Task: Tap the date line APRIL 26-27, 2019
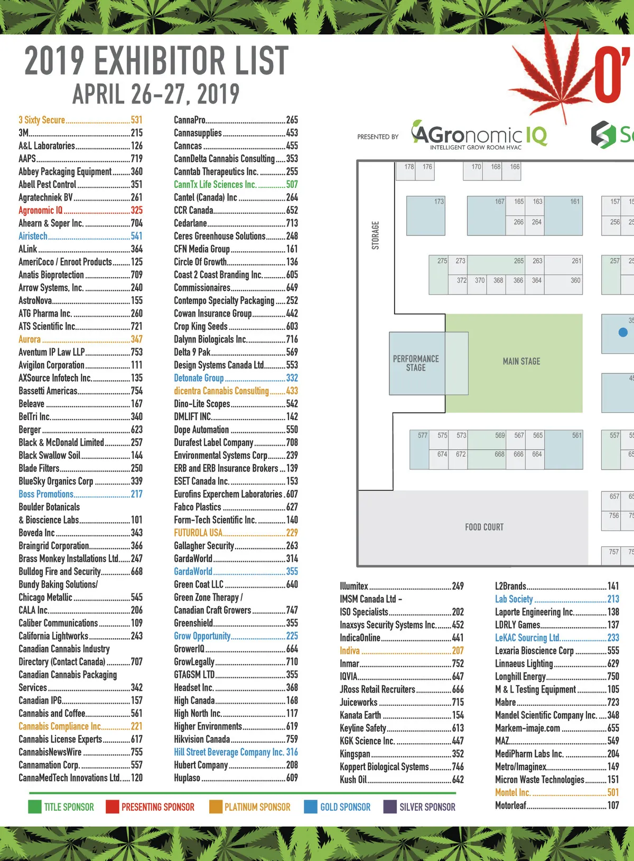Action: point(156,94)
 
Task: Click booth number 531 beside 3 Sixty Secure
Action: point(136,120)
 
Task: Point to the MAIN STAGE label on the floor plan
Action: point(521,362)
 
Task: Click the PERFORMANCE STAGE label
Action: point(416,363)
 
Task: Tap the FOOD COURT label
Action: point(484,527)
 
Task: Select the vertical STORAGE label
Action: point(375,235)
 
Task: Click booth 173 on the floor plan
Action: point(439,202)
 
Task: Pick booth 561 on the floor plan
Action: point(576,436)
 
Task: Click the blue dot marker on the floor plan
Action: point(623,332)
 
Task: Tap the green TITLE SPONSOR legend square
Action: point(34,807)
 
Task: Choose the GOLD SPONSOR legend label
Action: point(345,807)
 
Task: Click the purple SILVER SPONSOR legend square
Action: point(390,807)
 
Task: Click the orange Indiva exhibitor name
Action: point(350,650)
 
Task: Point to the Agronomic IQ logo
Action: point(479,135)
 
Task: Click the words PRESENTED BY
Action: point(378,137)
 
